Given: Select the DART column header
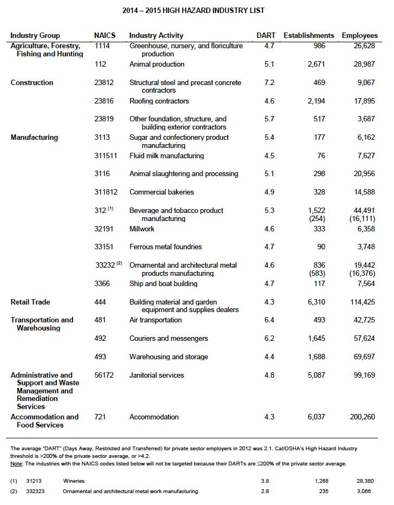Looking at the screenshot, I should tap(265, 36).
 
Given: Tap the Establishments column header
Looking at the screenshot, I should tap(308, 36).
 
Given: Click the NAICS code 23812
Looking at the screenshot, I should tap(104, 83).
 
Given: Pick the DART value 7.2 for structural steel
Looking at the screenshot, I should tap(269, 83).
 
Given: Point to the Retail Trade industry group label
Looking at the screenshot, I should tap(30, 302).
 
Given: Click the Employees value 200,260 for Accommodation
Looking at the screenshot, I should tap(360, 417).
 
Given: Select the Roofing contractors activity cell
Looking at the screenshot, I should tap(159, 101).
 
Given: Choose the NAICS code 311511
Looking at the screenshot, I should tap(107, 156).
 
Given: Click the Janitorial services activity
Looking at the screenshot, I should tap(156, 375).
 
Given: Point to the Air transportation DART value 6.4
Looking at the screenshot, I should tap(269, 320).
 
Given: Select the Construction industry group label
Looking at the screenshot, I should tap(32, 83).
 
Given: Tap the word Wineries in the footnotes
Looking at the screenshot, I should tap(74, 481).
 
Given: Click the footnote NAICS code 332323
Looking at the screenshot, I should tap(35, 491).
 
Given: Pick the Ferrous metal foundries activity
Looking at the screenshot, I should tap(166, 247).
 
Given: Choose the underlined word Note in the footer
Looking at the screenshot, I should tap(16, 464).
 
